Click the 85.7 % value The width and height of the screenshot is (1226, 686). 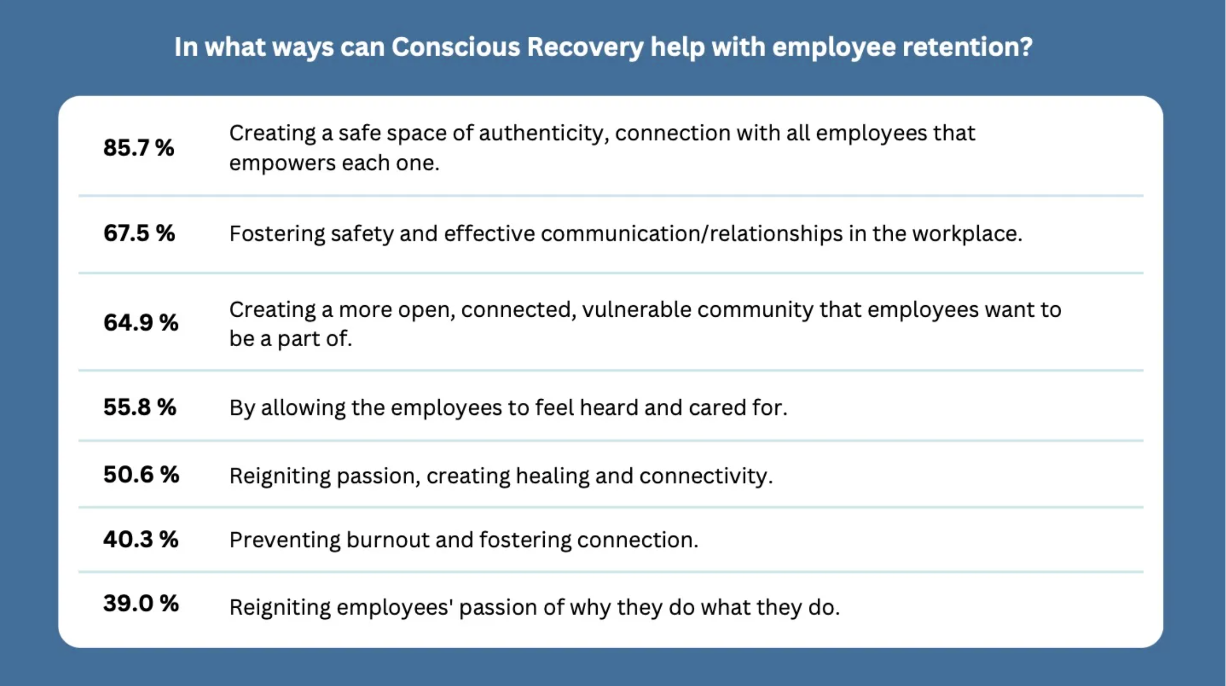[x=139, y=148]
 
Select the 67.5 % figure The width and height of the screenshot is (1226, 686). [x=139, y=233]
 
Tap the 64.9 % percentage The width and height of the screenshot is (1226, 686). [x=141, y=322]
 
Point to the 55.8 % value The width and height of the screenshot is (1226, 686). [x=140, y=407]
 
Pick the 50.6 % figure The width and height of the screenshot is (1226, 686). [x=141, y=474]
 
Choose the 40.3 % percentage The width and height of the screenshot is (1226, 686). [x=141, y=539]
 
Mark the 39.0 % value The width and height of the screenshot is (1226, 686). [x=141, y=603]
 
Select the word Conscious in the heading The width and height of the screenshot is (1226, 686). [x=456, y=47]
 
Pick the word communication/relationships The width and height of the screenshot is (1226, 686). [x=692, y=234]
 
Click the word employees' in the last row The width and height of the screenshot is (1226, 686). [x=395, y=608]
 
